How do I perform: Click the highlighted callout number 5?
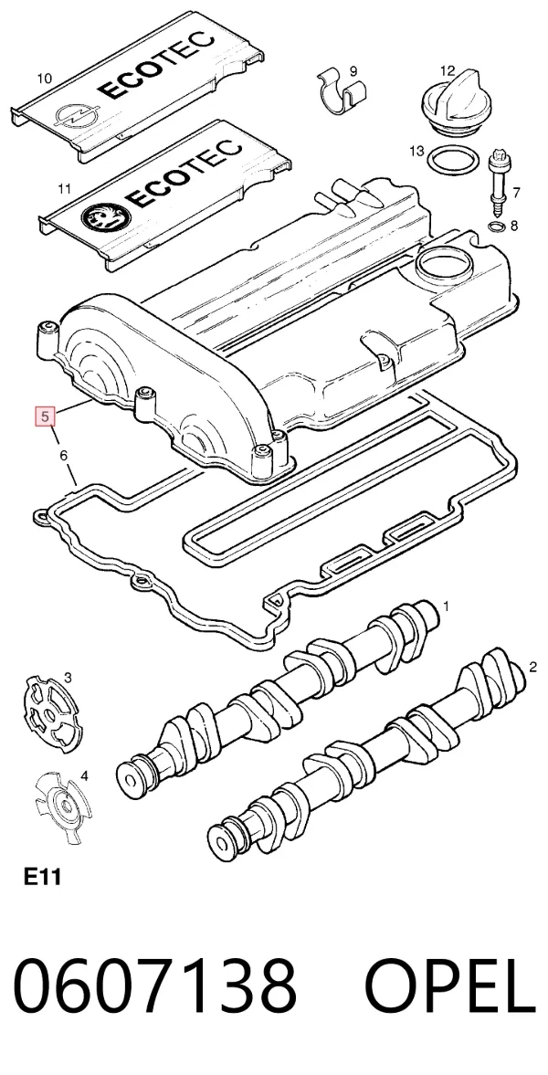(x=46, y=416)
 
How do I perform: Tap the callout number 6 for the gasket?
(x=64, y=455)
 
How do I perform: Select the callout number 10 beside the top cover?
(x=43, y=79)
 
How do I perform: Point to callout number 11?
(x=65, y=188)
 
